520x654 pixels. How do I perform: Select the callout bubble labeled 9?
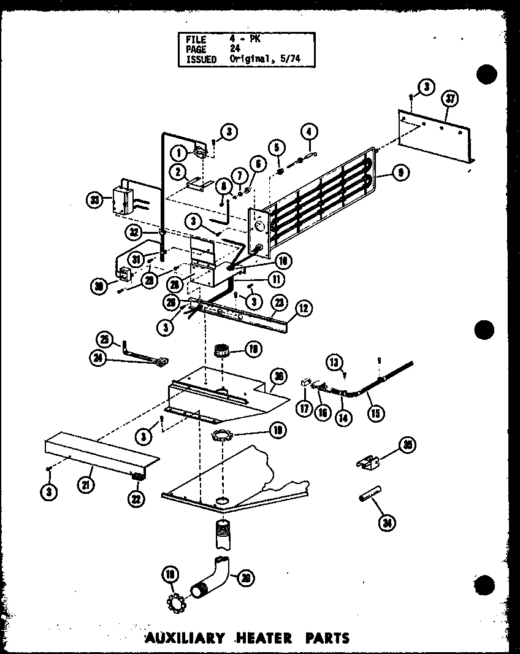pos(400,173)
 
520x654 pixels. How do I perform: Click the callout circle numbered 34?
pos(387,522)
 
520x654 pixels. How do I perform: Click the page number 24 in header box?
pos(235,49)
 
